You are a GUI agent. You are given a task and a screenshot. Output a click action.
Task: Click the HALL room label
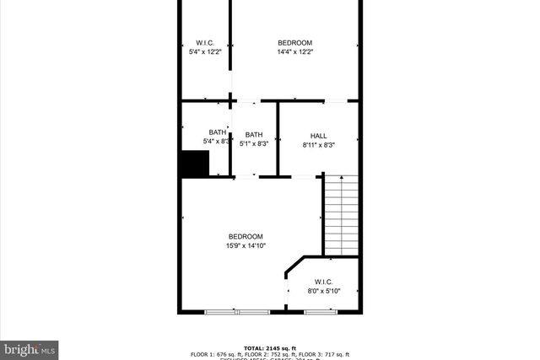[x=318, y=135]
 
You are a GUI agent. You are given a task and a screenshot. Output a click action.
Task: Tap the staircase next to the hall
[x=342, y=214]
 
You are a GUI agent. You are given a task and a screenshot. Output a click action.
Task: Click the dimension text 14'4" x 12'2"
[x=294, y=52]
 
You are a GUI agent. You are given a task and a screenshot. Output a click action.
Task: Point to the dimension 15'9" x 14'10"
[x=245, y=246]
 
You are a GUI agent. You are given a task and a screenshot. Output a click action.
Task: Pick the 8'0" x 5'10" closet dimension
[x=323, y=291]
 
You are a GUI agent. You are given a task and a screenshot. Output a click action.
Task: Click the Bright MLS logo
[x=30, y=347]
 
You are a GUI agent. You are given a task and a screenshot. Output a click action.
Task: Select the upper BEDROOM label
[x=294, y=42]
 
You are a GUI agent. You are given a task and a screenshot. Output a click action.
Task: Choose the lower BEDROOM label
[x=245, y=236]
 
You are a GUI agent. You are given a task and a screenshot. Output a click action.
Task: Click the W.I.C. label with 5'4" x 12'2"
[x=205, y=42]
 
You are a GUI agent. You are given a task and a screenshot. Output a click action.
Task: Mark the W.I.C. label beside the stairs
[x=323, y=282]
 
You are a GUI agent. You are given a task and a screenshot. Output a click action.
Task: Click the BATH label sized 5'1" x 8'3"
[x=254, y=135]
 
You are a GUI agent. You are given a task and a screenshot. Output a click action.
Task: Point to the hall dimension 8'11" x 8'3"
[x=318, y=145]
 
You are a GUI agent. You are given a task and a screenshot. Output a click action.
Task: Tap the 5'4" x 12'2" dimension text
[x=205, y=52]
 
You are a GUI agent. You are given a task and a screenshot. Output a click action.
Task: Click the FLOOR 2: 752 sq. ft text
[x=278, y=354]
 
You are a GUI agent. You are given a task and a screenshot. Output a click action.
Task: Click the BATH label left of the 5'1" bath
[x=218, y=132]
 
